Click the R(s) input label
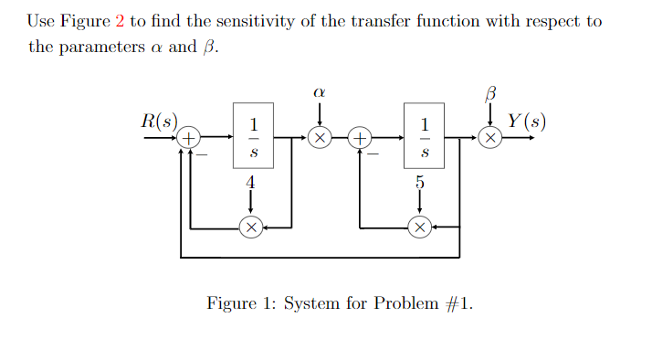pos(160,122)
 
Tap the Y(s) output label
pos(528,122)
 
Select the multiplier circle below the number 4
pos(250,226)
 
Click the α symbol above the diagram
pos(319,92)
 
